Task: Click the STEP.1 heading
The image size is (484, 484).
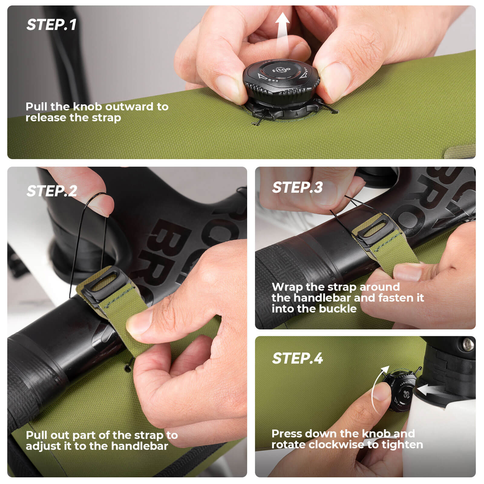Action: (x=51, y=25)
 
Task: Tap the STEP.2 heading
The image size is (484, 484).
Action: (x=52, y=191)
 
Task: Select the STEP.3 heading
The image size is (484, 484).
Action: (x=297, y=188)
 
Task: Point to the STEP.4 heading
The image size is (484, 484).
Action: (x=297, y=358)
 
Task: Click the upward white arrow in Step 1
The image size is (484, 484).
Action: (x=283, y=30)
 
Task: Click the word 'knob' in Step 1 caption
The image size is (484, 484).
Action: (x=88, y=107)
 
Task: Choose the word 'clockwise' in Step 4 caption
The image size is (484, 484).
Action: (x=336, y=445)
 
